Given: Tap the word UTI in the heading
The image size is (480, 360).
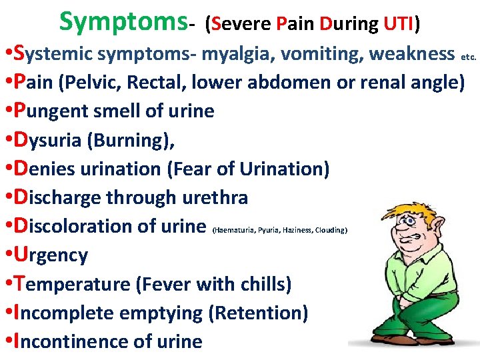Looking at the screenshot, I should point(399,25).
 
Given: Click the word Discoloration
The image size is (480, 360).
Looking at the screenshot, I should point(81,226).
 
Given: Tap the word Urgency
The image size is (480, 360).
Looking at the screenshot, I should point(51,255).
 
